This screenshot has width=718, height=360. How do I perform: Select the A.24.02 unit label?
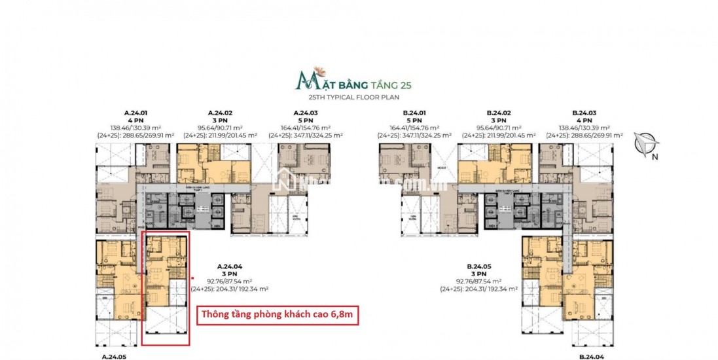pyautogui.click(x=221, y=113)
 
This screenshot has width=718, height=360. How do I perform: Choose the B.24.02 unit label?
pyautogui.click(x=498, y=113)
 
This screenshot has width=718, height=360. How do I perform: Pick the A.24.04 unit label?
pyautogui.click(x=229, y=266)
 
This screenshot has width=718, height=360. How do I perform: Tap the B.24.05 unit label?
pyautogui.click(x=479, y=266)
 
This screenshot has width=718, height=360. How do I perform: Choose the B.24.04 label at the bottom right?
pyautogui.click(x=591, y=357)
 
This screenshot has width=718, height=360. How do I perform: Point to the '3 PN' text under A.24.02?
pyautogui.click(x=221, y=120)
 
